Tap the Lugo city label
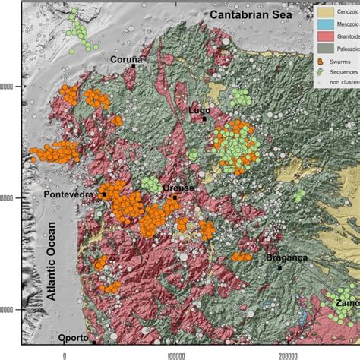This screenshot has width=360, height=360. point(199,110)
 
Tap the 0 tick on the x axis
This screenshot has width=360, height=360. point(65,354)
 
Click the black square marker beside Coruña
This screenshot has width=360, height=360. point(134,66)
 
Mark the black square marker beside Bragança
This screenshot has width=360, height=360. point(279,267)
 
